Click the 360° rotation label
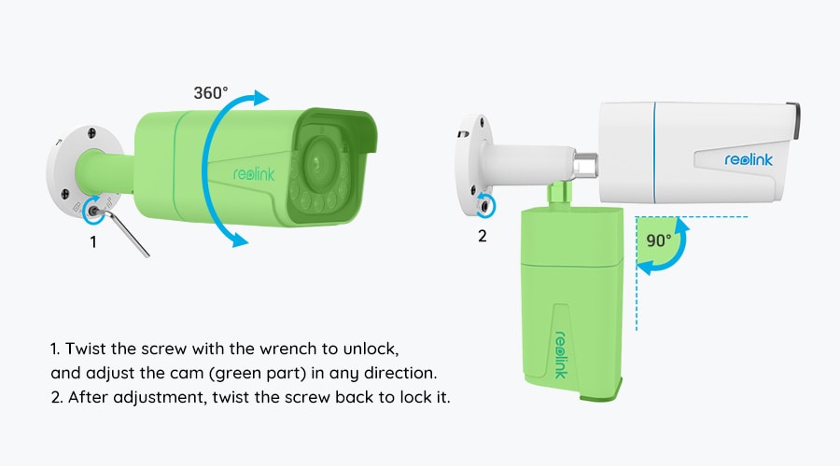[x=211, y=93]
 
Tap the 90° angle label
[x=658, y=240]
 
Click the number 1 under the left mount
[x=93, y=242]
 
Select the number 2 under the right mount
[x=483, y=236]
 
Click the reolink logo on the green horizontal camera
[x=254, y=174]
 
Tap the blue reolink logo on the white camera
[x=749, y=159]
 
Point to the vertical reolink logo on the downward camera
[x=560, y=355]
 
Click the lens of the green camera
[x=320, y=160]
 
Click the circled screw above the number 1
[x=93, y=211]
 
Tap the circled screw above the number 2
[x=486, y=205]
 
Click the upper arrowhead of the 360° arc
[x=260, y=98]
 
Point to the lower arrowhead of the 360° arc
[x=240, y=240]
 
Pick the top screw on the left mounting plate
[x=91, y=132]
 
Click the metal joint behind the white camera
[x=585, y=165]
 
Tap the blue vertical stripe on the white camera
[x=654, y=153]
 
